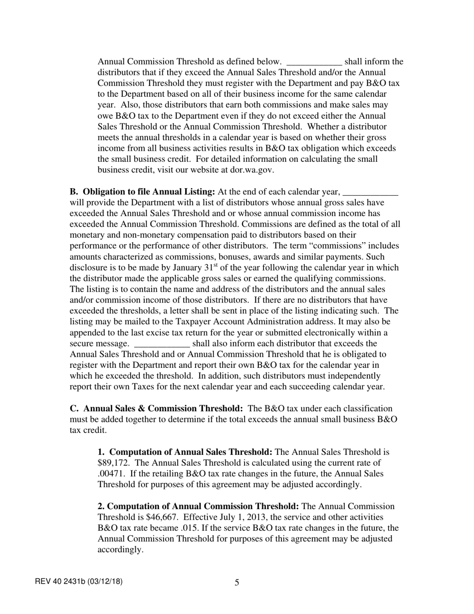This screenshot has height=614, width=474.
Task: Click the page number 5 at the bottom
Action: [x=237, y=583]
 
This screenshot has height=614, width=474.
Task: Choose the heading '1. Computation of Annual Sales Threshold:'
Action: [x=185, y=452]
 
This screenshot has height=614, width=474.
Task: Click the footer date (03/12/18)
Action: [x=105, y=582]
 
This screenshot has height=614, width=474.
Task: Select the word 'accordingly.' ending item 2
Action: [x=120, y=550]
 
